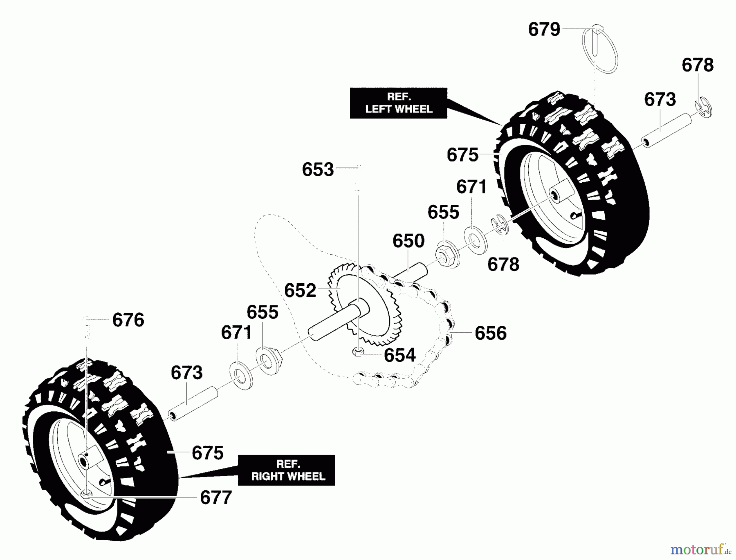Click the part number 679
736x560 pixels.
[544, 29]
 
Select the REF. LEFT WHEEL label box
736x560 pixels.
[398, 103]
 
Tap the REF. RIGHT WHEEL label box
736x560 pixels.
[287, 470]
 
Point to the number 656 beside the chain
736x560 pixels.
[490, 333]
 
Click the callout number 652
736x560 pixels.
[300, 291]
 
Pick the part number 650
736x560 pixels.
[408, 241]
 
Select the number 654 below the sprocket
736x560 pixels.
[399, 355]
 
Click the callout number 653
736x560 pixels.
[318, 169]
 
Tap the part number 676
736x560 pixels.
[128, 320]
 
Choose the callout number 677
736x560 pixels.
[216, 497]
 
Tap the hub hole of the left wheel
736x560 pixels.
[555, 194]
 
